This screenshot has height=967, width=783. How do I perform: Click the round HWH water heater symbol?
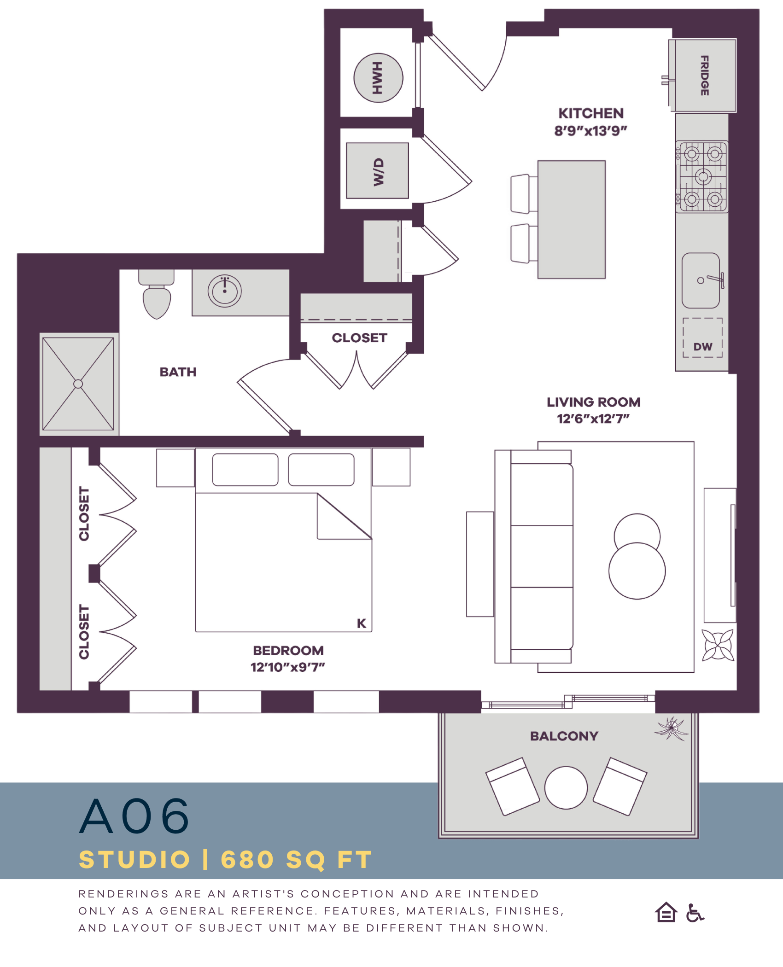coord(378,78)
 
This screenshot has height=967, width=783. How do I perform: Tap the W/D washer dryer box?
coord(377,171)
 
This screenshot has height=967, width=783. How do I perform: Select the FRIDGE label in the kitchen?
coord(704,76)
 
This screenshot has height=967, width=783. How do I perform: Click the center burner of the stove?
coord(703,176)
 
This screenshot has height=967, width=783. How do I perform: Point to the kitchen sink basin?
coord(701,280)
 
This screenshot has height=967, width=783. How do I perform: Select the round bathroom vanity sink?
coord(224,291)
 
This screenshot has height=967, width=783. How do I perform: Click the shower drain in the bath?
coord(78,384)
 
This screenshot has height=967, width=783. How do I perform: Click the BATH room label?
coord(178,372)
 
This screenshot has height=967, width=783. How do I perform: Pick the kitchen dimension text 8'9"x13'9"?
coord(590,131)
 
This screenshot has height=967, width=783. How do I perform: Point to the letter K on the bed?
coord(362,623)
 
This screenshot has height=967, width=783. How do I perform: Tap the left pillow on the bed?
coord(245,470)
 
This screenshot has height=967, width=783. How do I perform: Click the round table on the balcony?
coord(566,788)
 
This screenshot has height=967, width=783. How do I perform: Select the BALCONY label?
coord(564,736)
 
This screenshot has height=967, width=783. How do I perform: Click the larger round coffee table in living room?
coord(637,571)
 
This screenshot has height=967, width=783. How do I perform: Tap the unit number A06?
coord(134,816)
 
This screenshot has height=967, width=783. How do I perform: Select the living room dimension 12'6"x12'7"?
coord(593,419)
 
